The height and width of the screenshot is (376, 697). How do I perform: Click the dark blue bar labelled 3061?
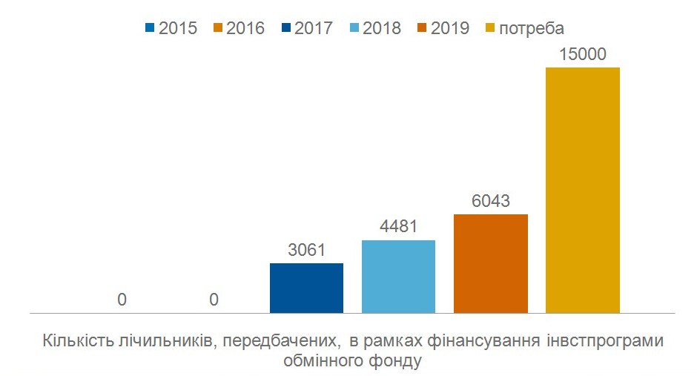[306, 288]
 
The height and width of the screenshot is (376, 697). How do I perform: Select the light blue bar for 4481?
[398, 276]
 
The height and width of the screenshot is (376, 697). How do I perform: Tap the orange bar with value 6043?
[490, 263]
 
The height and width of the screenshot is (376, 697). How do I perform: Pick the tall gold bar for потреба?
[582, 190]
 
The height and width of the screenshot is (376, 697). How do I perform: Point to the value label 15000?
[582, 54]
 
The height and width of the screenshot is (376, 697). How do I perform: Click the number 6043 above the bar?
[490, 202]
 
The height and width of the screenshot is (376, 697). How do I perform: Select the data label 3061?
[306, 251]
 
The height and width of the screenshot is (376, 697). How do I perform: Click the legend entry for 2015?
[170, 29]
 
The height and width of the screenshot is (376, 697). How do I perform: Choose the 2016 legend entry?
[238, 29]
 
